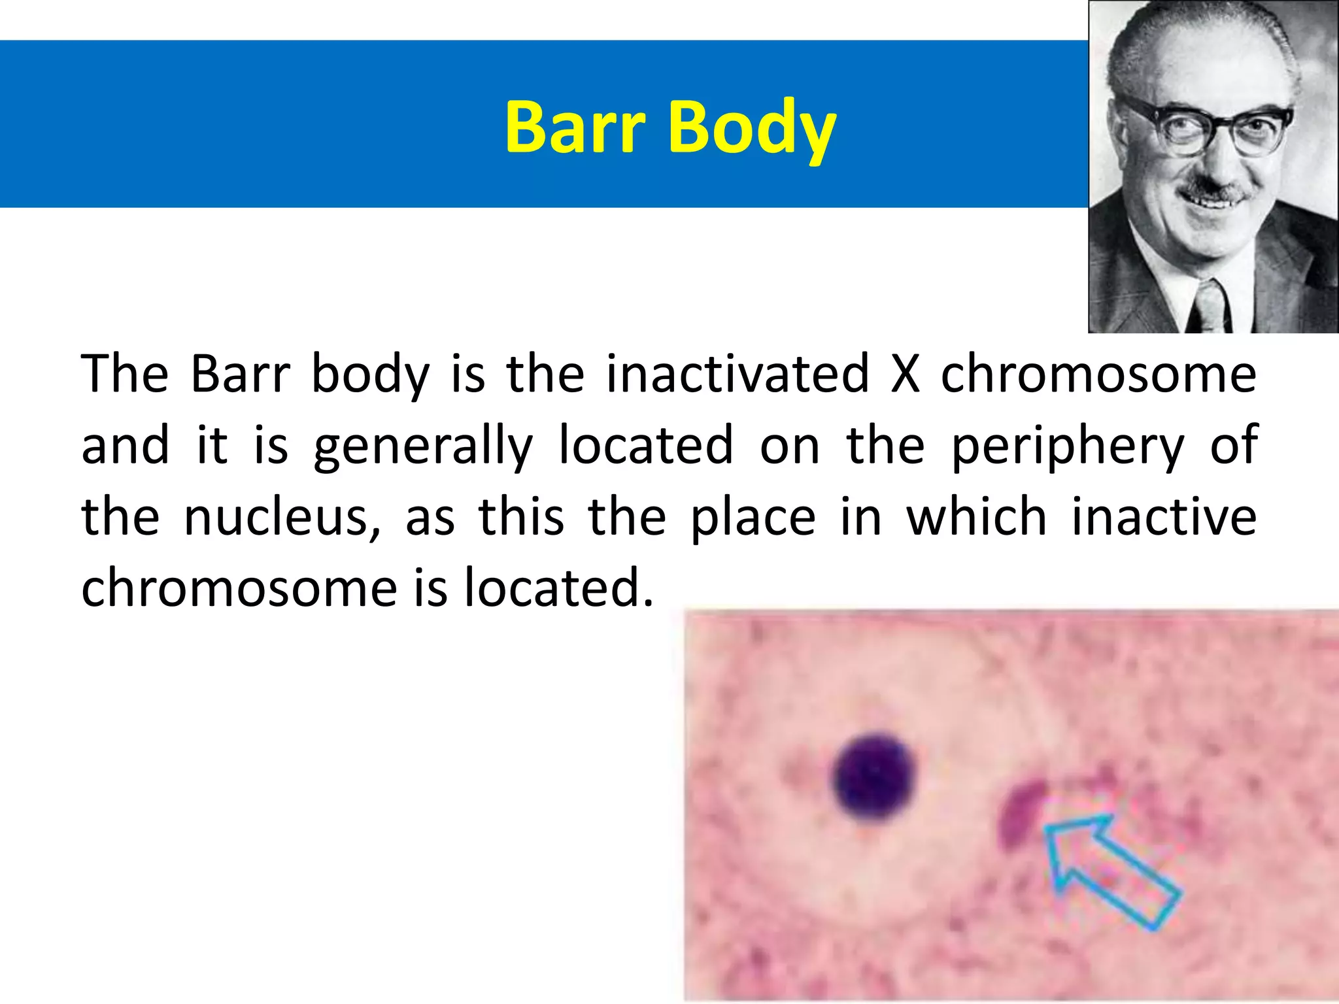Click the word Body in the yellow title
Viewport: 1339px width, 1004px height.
[752, 128]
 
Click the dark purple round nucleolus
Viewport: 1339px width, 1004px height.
[875, 777]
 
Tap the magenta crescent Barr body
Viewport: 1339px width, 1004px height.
[1021, 814]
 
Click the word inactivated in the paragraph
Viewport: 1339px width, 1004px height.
[738, 374]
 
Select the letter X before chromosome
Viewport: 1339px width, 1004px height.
[906, 374]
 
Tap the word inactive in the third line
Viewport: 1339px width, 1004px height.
[1164, 516]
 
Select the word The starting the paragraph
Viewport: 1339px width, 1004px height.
[124, 374]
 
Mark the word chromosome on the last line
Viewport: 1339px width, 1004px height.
[239, 588]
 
